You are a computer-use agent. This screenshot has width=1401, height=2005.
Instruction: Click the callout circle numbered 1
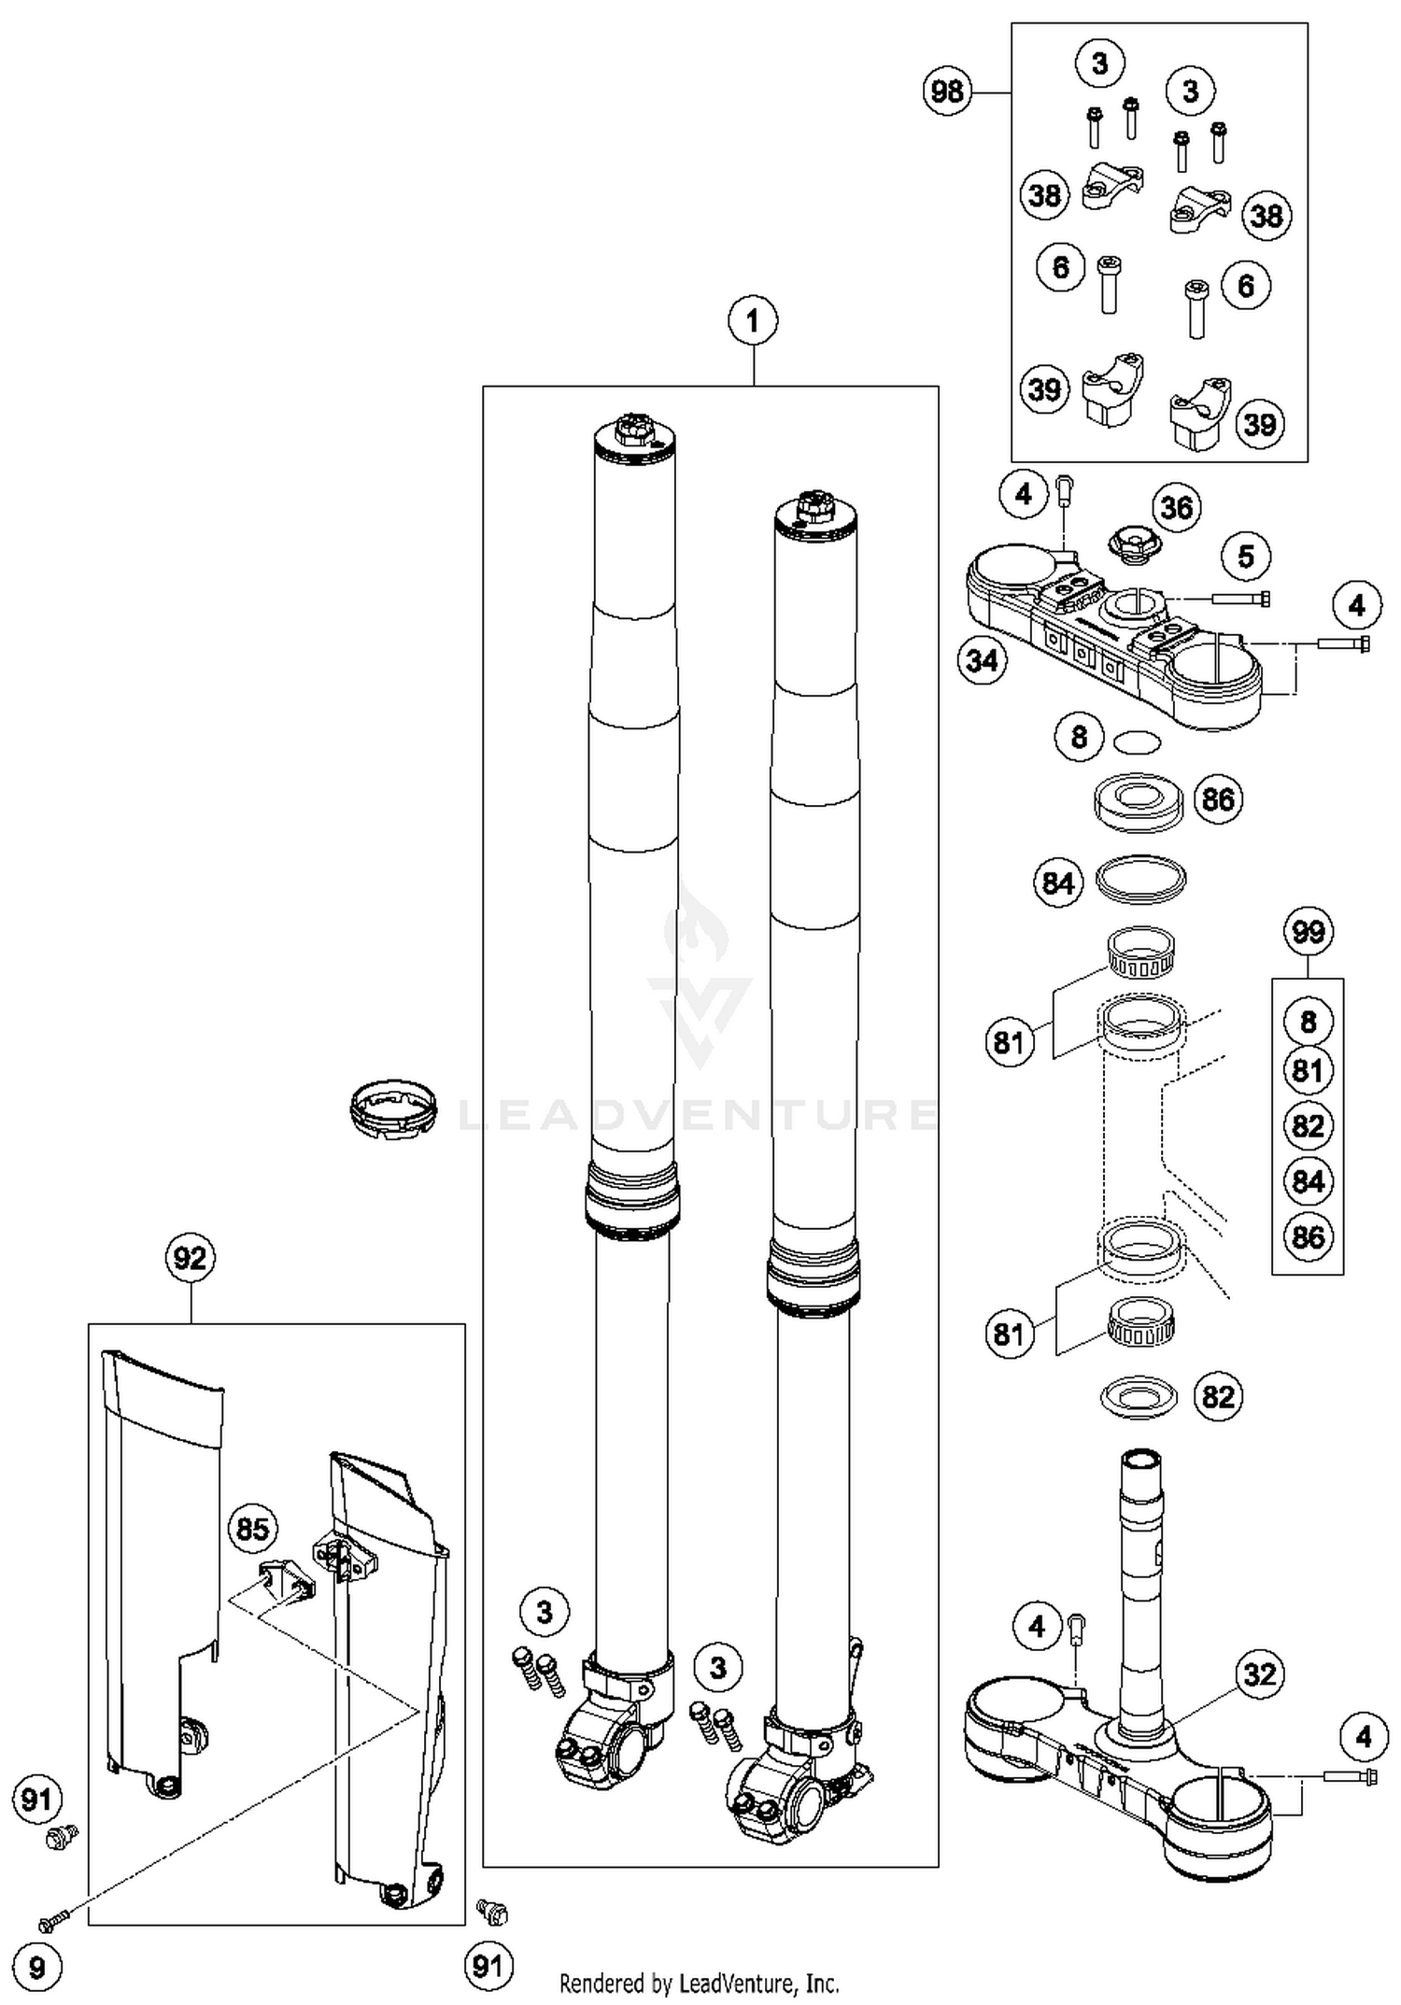click(753, 321)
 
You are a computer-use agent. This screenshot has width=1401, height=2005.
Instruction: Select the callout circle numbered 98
click(947, 92)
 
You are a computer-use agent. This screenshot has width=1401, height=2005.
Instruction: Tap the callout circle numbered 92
click(190, 1258)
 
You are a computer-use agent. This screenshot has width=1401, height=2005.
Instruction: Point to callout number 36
click(1176, 508)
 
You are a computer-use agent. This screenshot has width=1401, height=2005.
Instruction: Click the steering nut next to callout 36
click(1131, 544)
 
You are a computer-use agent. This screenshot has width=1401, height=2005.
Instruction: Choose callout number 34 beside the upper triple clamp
click(982, 661)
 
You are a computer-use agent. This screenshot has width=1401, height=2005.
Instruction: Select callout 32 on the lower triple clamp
click(1259, 1673)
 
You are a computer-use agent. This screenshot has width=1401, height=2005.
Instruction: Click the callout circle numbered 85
click(252, 1529)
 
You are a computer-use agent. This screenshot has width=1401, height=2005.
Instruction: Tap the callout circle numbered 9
click(36, 1969)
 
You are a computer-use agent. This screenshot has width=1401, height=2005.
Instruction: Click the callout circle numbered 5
click(1246, 558)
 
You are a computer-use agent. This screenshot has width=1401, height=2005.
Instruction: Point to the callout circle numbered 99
click(1308, 932)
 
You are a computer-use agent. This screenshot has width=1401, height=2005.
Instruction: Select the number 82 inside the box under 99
click(1308, 1126)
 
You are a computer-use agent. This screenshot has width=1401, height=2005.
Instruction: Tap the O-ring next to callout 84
click(1139, 879)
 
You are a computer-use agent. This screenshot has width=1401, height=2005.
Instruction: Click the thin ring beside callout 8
click(1138, 742)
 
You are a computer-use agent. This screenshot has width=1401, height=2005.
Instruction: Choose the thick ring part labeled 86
click(1138, 801)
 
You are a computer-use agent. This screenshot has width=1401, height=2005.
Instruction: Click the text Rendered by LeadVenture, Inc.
click(699, 1983)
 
